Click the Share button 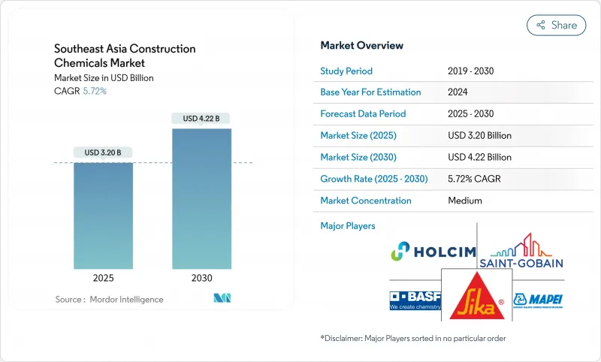coord(557,25)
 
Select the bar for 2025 coord(103,216)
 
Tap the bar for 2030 coord(201,198)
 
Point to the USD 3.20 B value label coord(103,152)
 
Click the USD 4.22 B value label coord(201,118)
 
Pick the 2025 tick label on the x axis coord(103,278)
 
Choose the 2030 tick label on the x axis coord(201,278)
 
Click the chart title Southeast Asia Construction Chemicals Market coord(125,56)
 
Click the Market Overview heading coord(361,45)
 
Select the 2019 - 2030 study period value coord(470,71)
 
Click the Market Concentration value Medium coord(464,201)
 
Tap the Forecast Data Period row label coord(363,114)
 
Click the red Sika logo coord(472,294)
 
